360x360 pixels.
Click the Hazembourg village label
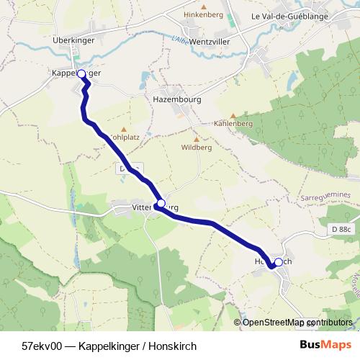(176, 99)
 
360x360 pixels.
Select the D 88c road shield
(343, 229)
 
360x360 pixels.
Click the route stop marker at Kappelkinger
(81, 74)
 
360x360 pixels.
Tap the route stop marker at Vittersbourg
(161, 203)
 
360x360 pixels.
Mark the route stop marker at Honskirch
(279, 262)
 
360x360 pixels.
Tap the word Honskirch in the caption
(172, 346)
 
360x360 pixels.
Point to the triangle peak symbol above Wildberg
(197, 139)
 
